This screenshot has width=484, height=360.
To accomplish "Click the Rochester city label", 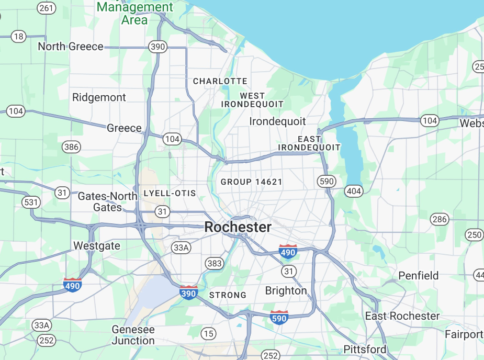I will click(238, 227).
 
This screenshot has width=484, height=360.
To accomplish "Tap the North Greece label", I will click(71, 47).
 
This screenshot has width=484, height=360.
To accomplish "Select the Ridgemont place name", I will click(99, 97).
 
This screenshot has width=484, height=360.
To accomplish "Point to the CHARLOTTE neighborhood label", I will click(220, 81).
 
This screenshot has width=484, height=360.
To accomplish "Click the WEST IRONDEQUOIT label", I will click(253, 100).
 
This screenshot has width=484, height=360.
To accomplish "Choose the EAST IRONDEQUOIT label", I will click(309, 143).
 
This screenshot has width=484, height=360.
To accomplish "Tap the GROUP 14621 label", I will click(252, 182).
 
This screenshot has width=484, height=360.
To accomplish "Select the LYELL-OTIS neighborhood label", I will click(170, 193).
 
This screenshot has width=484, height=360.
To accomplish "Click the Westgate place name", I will click(97, 245).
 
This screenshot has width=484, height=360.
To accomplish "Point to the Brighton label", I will click(286, 290).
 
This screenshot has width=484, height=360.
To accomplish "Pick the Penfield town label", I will click(419, 275).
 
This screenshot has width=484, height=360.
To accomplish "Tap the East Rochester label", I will click(402, 316).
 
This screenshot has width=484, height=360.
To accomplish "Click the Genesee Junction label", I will click(133, 335).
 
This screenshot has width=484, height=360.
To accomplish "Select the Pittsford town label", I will click(365, 349).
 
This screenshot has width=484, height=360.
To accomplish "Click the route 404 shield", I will click(354, 192).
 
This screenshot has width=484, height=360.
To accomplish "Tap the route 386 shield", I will click(71, 147).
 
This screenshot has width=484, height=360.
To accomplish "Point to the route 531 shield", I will click(31, 202).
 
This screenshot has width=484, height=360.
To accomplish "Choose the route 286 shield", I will click(440, 219).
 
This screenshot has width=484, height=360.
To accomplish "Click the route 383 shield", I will click(215, 263).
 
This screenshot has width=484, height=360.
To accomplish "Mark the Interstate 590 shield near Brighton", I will click(279, 318).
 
